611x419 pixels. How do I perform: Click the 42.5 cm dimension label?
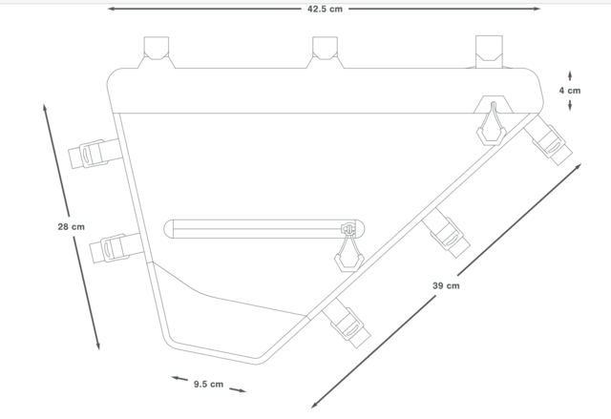tap(325, 9)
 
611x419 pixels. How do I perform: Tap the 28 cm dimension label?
tap(70, 226)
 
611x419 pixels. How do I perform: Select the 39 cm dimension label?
tap(446, 285)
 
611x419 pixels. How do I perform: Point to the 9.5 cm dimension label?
tap(208, 384)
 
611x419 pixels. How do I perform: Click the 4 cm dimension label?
tap(571, 91)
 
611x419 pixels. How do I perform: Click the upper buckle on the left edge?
tap(96, 154)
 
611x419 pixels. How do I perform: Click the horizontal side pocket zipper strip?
tap(253, 228)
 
